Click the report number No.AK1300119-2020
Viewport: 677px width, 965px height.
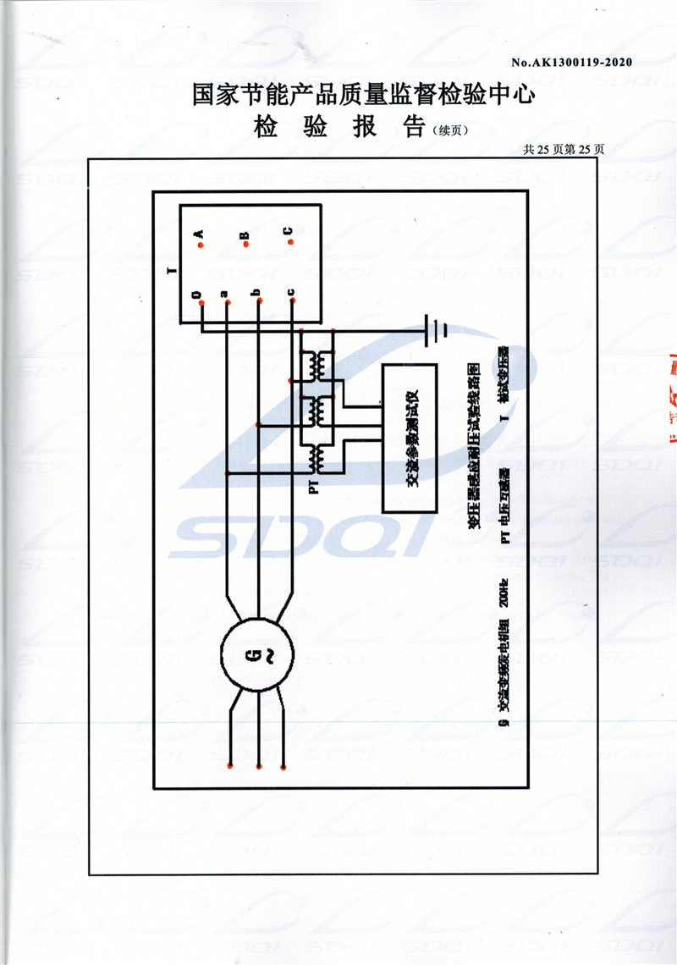(x=572, y=62)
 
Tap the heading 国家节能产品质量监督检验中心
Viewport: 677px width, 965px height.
(x=364, y=94)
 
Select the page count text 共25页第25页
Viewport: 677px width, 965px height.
(x=564, y=149)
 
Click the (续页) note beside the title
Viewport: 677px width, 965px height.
(x=449, y=130)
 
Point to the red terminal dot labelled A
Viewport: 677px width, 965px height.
(x=200, y=244)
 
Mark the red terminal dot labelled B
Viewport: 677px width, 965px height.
(x=245, y=245)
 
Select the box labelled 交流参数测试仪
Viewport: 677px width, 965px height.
(x=410, y=438)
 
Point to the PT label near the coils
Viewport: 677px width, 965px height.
(x=313, y=488)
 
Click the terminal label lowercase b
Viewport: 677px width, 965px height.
(x=256, y=294)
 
